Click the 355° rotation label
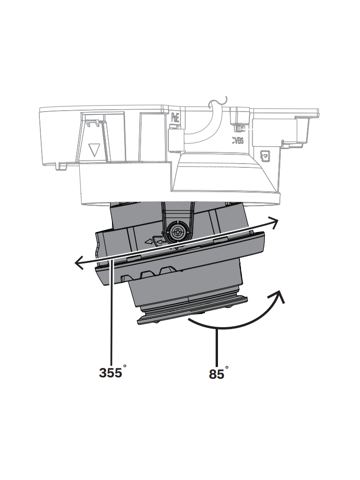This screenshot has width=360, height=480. tap(112, 372)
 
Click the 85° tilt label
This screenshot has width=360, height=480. tap(217, 375)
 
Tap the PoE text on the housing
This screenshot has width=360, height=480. tap(175, 117)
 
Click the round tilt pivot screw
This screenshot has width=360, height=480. tap(178, 231)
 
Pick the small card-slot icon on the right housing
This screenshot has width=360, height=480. tap(265, 155)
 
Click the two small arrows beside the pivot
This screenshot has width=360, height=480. tap(155, 241)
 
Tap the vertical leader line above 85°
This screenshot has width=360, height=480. tap(217, 347)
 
